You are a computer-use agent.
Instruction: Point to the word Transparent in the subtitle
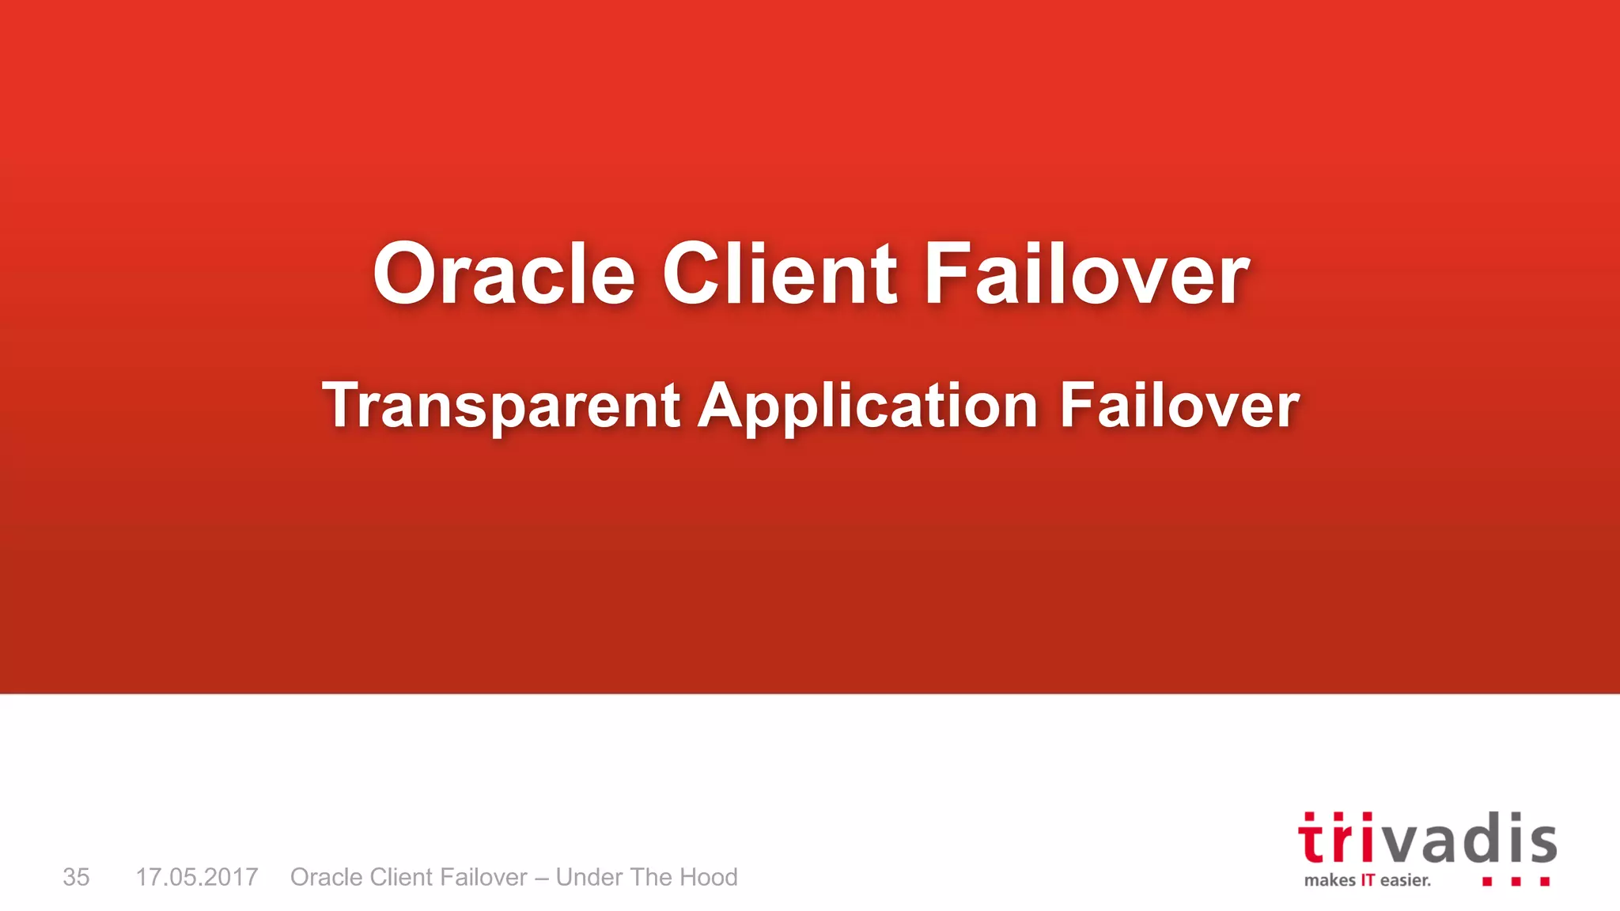coord(501,406)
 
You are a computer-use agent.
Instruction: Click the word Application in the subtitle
coord(868,406)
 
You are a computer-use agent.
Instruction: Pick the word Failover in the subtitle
coord(1179,405)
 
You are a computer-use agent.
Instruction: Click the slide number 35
coord(76,877)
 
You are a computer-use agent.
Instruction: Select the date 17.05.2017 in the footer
coord(197,877)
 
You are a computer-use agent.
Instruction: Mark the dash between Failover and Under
coord(541,878)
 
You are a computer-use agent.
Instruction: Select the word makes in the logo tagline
coord(1330,880)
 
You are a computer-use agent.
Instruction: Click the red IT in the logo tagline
coord(1368,880)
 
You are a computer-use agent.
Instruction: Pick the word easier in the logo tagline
coord(1406,880)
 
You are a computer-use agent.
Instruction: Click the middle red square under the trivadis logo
coord(1516,881)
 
